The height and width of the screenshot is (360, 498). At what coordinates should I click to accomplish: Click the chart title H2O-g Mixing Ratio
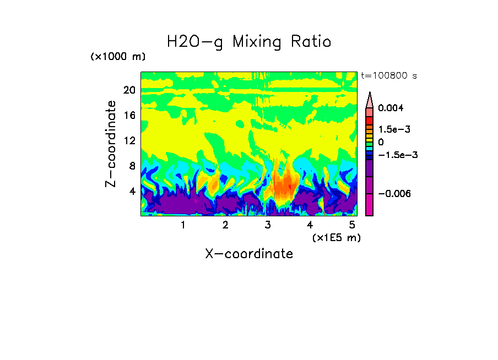click(x=249, y=42)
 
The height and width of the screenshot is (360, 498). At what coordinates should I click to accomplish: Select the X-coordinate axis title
click(x=249, y=254)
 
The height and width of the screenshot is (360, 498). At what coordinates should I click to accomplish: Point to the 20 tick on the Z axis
click(x=129, y=90)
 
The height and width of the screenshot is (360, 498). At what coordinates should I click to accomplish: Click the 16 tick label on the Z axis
click(x=129, y=115)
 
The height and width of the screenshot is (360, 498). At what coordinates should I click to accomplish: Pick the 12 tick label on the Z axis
click(x=129, y=140)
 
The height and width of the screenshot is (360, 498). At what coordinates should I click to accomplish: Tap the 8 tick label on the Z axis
click(x=132, y=166)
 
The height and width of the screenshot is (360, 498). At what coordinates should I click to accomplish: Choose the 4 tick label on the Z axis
click(x=132, y=191)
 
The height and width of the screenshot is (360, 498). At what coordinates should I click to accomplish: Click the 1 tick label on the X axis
click(x=183, y=225)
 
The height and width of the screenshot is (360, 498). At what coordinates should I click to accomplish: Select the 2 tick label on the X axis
click(x=225, y=225)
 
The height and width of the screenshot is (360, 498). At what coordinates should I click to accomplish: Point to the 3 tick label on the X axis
click(x=268, y=225)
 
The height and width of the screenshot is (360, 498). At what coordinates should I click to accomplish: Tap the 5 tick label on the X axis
click(x=352, y=225)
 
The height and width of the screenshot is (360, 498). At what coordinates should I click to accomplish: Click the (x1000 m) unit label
click(x=118, y=57)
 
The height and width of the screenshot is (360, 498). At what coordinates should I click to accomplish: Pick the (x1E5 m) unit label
click(x=337, y=237)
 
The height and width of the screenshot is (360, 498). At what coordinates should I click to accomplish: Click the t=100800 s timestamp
click(x=388, y=75)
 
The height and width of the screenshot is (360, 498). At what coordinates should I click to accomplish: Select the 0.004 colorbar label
click(x=391, y=108)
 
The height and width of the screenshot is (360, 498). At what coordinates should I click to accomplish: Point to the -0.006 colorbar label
click(x=394, y=194)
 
